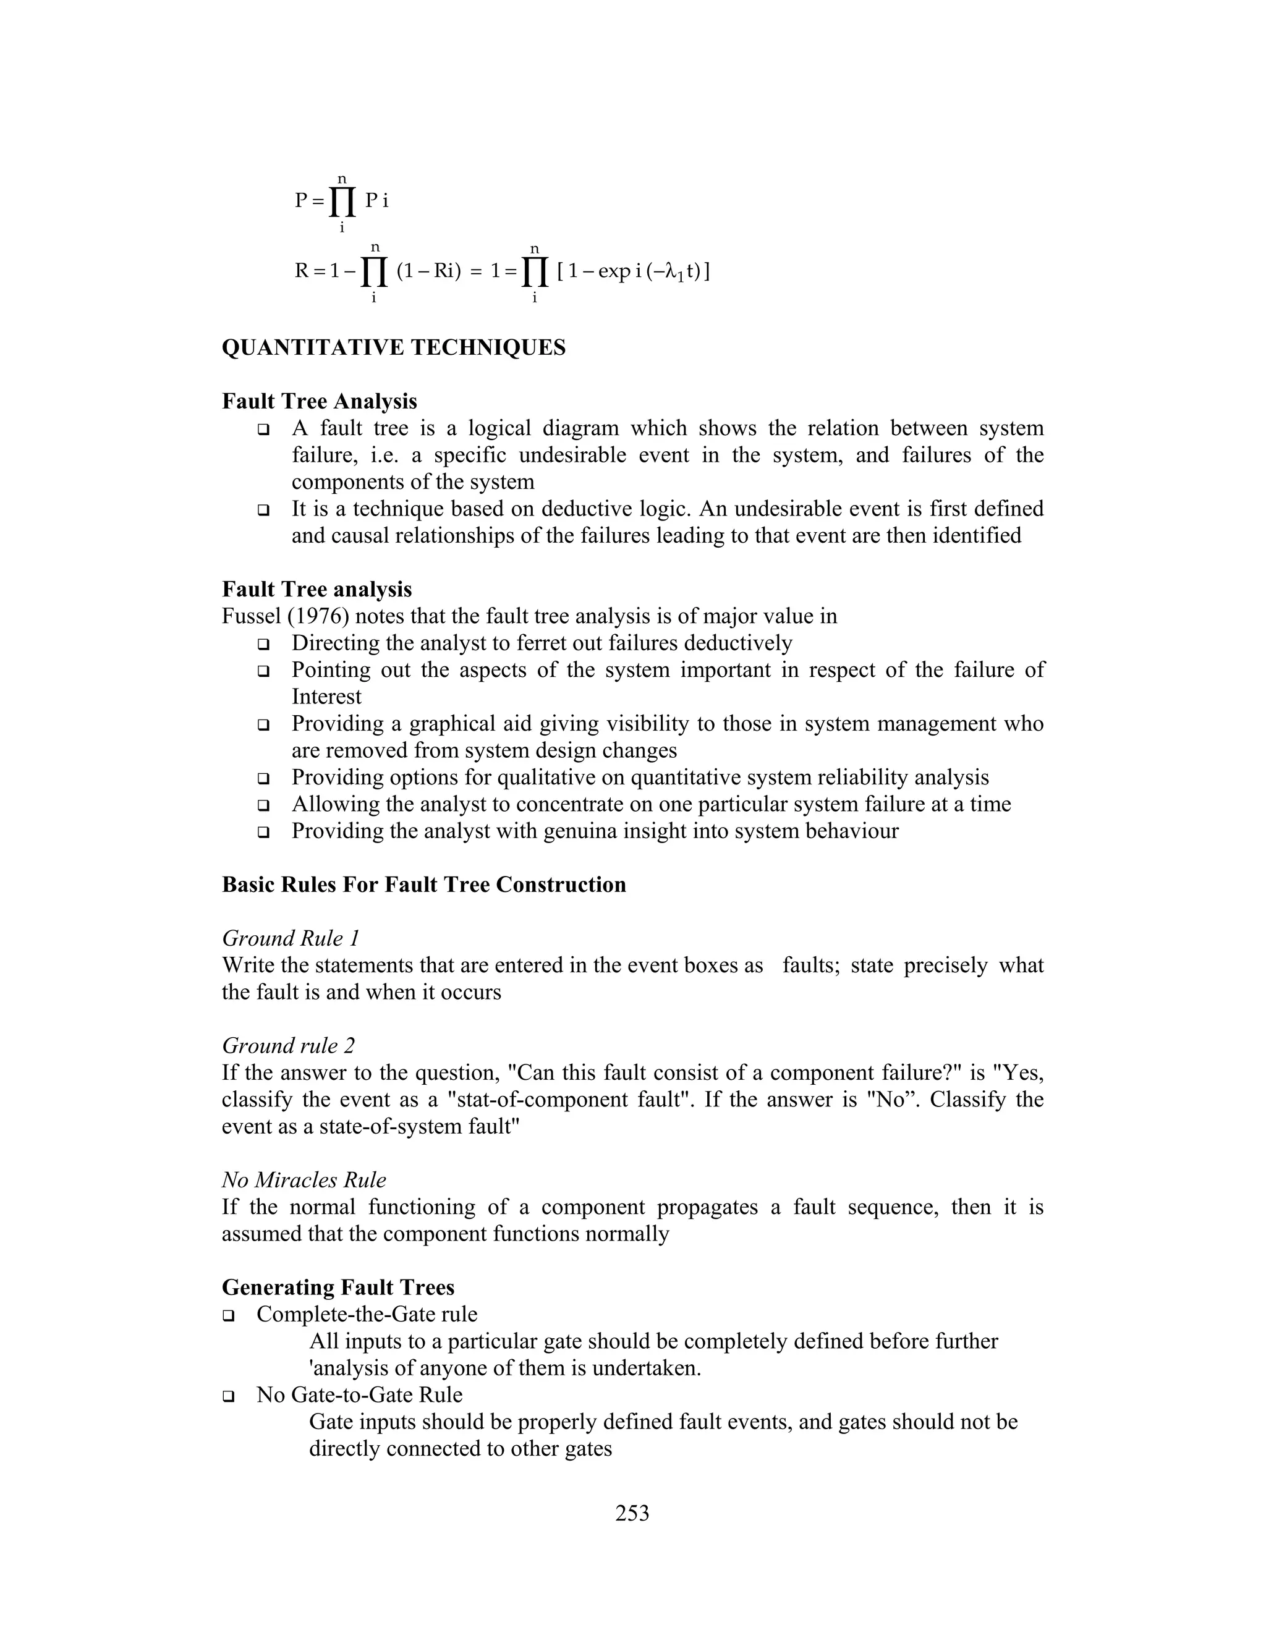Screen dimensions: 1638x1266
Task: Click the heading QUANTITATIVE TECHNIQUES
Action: click(x=394, y=348)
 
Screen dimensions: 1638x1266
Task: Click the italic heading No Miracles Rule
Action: click(x=304, y=1180)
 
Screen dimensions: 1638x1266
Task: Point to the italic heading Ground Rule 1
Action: click(x=291, y=938)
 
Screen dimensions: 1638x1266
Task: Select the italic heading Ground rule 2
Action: click(x=289, y=1045)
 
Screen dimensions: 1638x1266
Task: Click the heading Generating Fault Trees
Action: click(x=338, y=1287)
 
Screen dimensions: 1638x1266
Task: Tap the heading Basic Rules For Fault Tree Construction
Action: click(x=423, y=885)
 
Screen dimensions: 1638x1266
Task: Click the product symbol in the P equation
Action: click(x=342, y=201)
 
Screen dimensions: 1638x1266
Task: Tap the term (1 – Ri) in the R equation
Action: click(x=428, y=271)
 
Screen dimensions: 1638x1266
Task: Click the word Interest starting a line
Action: click(x=326, y=697)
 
